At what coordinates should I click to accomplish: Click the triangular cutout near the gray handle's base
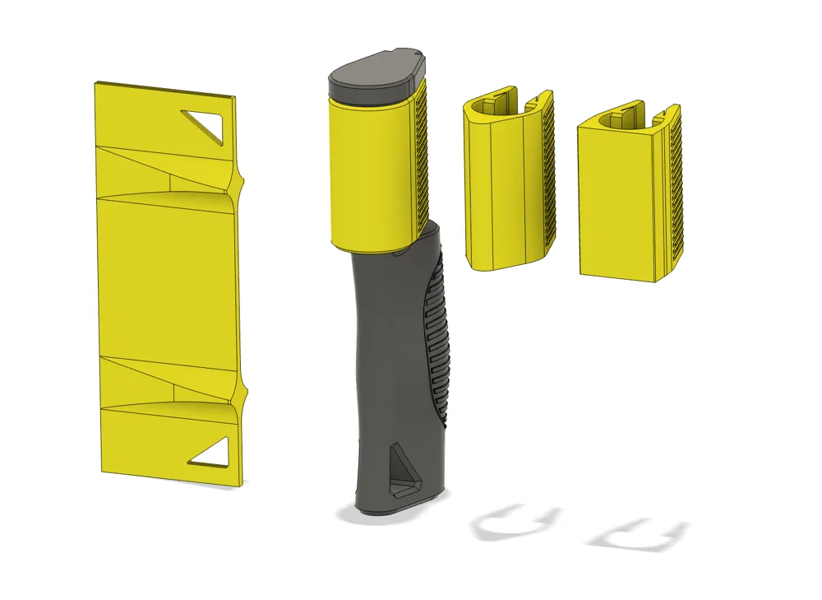[x=404, y=472]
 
